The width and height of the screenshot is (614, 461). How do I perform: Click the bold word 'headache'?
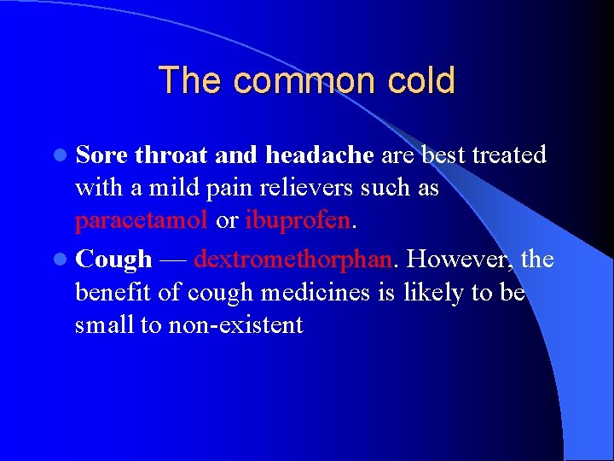click(x=320, y=155)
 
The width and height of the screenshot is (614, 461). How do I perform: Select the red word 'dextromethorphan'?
click(x=293, y=259)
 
